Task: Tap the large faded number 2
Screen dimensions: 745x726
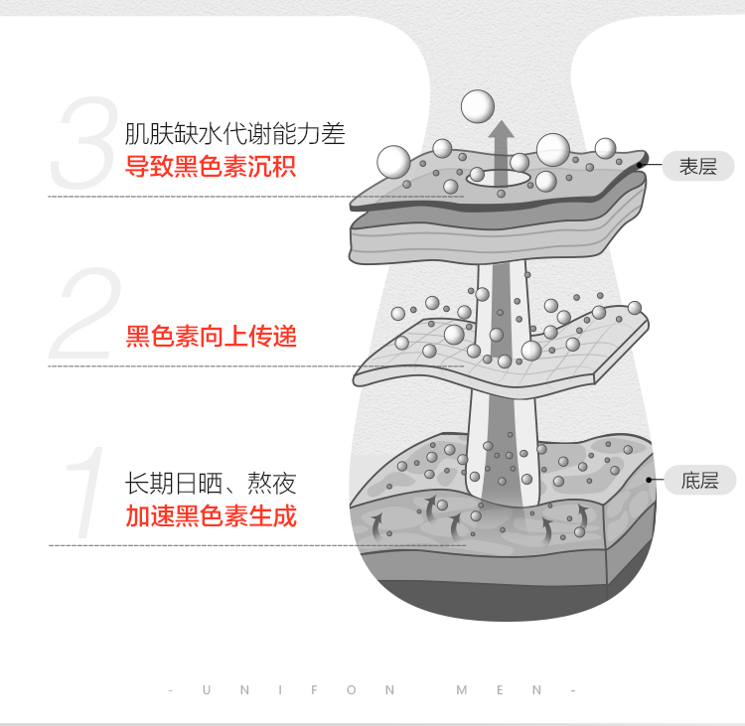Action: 85,313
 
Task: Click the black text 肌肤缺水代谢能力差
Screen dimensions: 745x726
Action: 234,133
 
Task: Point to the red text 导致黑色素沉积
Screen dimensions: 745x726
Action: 211,166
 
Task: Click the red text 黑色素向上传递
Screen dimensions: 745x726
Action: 211,336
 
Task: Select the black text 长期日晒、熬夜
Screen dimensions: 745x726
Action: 211,484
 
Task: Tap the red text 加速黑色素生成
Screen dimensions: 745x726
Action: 211,516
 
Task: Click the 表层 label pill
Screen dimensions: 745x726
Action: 698,166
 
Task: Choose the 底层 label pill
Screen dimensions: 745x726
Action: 699,481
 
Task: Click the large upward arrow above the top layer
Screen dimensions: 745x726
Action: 502,152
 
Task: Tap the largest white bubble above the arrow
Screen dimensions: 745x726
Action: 478,106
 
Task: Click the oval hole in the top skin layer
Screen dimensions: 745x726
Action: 499,179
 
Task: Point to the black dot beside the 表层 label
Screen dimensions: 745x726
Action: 640,165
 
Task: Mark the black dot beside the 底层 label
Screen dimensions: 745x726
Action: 649,480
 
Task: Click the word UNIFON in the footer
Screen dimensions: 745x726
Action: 298,690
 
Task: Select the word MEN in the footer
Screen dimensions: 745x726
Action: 499,690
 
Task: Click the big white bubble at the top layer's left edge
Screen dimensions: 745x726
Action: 393,162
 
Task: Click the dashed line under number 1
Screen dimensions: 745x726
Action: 256,545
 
